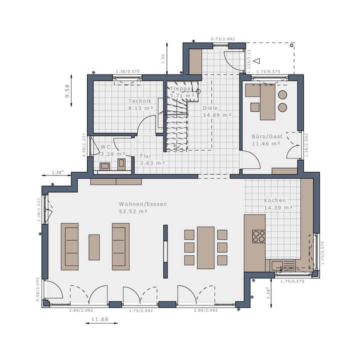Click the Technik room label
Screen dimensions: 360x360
point(139,101)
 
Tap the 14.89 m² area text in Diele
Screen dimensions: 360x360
point(216,115)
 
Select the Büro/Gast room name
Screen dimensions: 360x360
point(266,136)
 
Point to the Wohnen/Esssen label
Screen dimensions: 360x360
point(143,204)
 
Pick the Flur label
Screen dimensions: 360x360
point(145,155)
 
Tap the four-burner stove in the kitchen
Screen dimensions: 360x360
point(259,235)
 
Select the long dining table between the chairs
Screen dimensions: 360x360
point(205,247)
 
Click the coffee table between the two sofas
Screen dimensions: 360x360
point(94,247)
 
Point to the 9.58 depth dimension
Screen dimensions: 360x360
point(67,90)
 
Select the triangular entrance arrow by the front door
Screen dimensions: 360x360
point(257,61)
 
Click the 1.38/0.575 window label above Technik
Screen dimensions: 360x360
point(127,71)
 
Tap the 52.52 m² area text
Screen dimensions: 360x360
point(142,211)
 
